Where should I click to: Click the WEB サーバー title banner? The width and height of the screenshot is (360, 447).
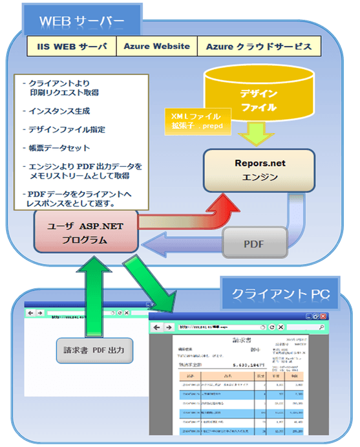click(81, 21)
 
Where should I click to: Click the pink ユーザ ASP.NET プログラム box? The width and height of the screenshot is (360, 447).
click(86, 232)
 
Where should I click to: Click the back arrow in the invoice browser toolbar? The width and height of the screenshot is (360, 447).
click(159, 328)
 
